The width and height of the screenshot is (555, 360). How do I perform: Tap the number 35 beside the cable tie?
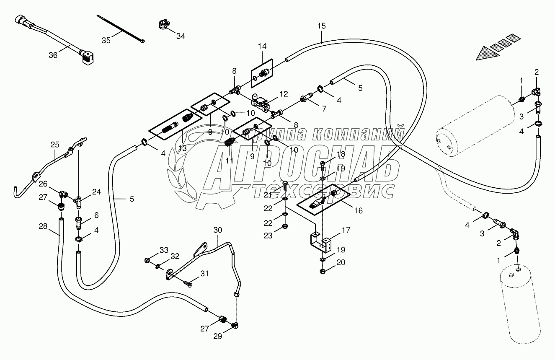coord(106,40)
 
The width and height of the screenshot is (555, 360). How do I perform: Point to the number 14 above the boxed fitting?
coord(262,46)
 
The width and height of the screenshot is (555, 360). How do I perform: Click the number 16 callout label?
coord(359,211)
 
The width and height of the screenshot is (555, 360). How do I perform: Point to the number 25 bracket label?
coord(55,145)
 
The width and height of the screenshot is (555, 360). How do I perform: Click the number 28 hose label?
coord(44,226)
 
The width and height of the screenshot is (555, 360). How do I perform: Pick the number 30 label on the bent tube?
coord(218,230)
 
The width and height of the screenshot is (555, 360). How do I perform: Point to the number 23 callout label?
coord(268,236)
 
